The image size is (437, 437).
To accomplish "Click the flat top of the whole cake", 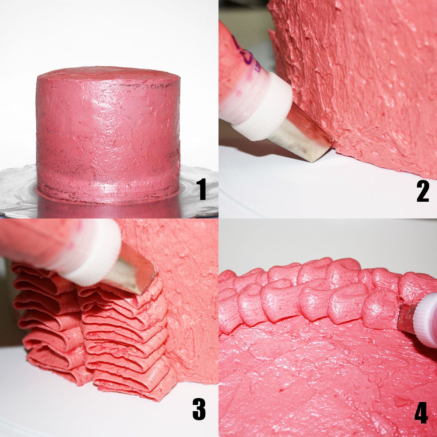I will click(x=109, y=75).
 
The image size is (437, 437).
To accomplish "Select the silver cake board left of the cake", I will click(x=18, y=189).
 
